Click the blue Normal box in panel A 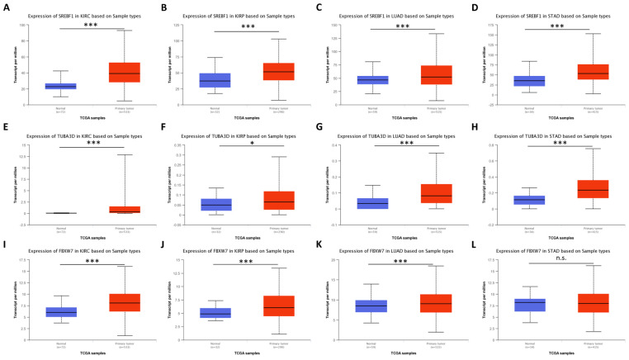click(60, 86)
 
